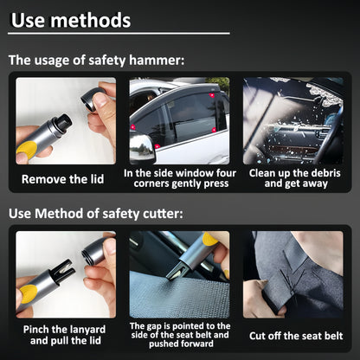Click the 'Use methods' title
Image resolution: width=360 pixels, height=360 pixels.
pos(72,19)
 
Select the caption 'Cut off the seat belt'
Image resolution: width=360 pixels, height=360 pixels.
pos(296,336)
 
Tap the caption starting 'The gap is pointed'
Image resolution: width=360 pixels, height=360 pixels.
pos(179,336)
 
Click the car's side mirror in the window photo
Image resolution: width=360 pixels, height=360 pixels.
pos(142,148)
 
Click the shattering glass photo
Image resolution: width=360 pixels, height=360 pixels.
pos(296,121)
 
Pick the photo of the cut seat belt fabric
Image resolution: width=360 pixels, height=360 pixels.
pos(296,274)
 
